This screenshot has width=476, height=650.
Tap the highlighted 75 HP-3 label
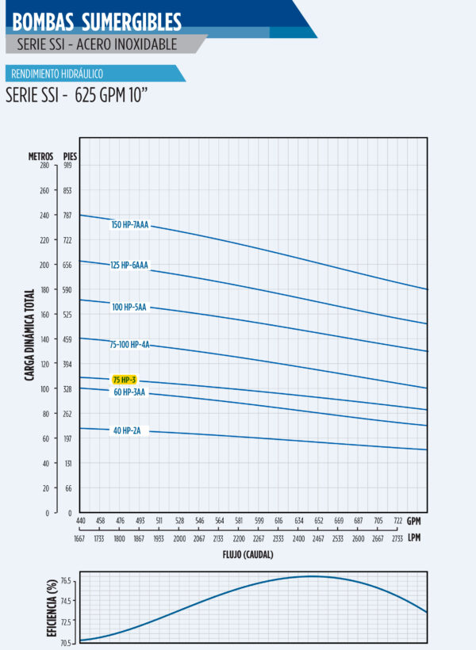125,380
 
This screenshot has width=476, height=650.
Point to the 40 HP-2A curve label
127,430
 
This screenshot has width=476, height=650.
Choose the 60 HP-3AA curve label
129,392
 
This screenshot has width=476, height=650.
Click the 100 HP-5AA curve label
129,307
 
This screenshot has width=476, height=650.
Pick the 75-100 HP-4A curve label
129,345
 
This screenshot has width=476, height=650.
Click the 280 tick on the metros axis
44,166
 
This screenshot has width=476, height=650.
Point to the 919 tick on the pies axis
67,166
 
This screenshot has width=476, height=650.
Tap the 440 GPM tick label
81,521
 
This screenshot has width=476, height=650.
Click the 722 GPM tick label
398,521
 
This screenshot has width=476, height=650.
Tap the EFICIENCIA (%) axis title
52,607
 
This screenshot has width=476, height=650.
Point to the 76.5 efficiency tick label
65,581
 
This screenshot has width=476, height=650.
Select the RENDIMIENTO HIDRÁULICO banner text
56,74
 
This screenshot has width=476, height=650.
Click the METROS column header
41,155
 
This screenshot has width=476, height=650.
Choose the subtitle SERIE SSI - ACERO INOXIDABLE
97,44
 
